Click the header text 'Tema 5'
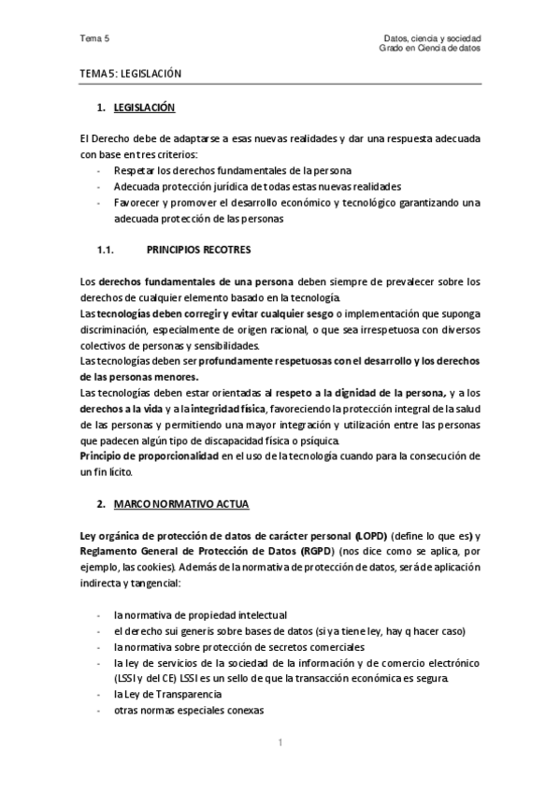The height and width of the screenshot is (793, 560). click(x=94, y=38)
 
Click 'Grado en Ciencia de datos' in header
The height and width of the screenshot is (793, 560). click(x=430, y=48)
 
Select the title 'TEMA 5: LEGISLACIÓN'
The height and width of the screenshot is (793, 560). click(x=130, y=72)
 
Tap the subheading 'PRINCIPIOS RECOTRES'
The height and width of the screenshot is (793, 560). click(x=199, y=250)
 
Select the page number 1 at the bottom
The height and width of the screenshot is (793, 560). click(x=280, y=743)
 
